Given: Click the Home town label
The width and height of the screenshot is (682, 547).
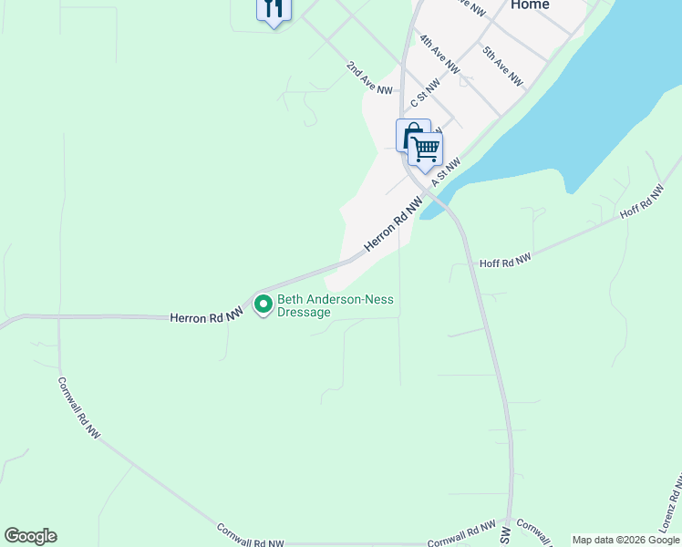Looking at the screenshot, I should coord(530,5).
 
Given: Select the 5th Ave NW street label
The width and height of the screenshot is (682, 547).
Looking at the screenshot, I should coord(502,66).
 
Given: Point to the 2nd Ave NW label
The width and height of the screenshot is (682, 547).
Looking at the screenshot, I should coord(368,79).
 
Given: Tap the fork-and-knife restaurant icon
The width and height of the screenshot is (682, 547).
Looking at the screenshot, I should coord(274,9).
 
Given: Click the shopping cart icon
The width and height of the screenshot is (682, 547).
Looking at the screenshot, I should coord(426,148).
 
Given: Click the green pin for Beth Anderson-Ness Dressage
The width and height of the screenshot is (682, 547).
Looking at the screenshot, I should coord(263,304).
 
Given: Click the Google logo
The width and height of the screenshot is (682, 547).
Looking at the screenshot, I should coord(30,536).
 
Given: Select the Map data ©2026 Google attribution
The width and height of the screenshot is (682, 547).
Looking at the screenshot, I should coord(625,540).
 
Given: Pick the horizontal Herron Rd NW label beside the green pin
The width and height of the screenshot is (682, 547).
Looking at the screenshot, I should coord(206,316).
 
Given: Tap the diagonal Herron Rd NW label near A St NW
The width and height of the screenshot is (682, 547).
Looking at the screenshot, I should coord(394,227).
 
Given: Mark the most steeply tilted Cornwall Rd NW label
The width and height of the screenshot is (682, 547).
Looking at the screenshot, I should coord(78,408).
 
